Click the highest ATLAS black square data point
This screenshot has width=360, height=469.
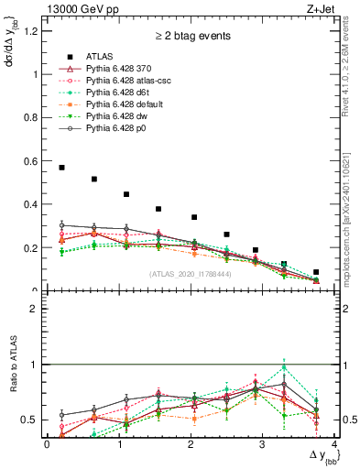click(x=61, y=168)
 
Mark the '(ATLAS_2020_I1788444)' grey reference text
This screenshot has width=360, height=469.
click(x=189, y=274)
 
